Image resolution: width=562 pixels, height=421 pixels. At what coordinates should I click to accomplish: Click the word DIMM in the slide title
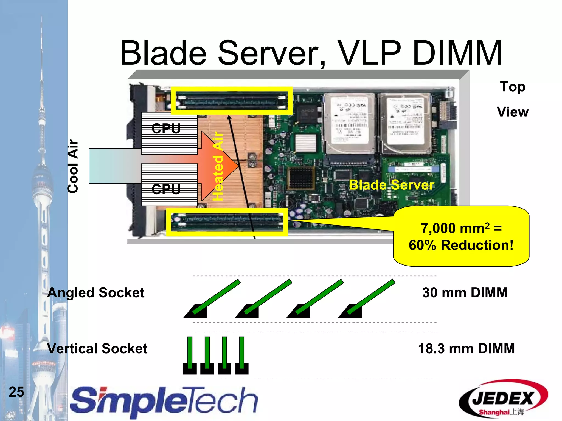point(457,53)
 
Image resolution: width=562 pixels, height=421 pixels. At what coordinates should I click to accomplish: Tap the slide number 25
point(16,392)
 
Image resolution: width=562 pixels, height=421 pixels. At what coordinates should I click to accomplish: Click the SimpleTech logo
point(164,402)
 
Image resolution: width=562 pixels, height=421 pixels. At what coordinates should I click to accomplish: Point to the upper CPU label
point(166,128)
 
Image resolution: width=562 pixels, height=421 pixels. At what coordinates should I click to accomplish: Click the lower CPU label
point(166,189)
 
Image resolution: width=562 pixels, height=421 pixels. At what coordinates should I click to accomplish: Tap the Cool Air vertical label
point(73,166)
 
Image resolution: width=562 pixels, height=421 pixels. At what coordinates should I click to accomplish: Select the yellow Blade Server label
point(392,185)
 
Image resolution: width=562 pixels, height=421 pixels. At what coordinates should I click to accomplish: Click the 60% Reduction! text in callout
point(461,245)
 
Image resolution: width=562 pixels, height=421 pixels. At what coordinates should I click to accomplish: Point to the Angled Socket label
point(96,292)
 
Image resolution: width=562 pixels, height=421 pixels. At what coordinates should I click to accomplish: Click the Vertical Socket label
point(97,348)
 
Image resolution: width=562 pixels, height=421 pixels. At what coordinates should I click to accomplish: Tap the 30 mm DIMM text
point(465,292)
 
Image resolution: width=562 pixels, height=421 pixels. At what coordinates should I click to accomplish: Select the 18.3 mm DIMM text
point(466,348)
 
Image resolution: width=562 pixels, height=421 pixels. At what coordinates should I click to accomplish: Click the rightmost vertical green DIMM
point(241,352)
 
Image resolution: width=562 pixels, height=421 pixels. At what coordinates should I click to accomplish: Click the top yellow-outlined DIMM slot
point(232,101)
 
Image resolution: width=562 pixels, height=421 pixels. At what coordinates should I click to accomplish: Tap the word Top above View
point(512,87)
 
